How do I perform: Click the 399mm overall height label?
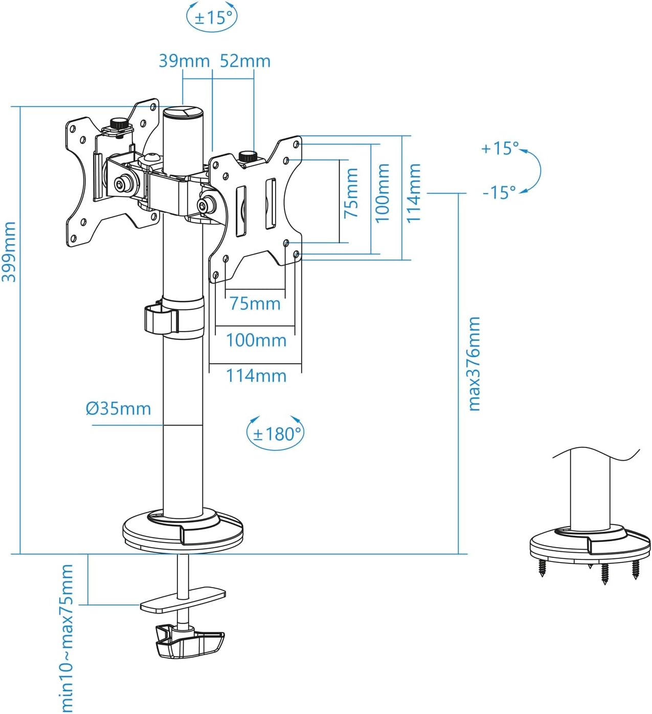click(9, 251)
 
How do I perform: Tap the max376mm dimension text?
click(474, 363)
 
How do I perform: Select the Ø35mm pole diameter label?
click(118, 408)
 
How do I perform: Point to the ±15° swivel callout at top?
click(212, 17)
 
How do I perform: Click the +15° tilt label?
click(499, 148)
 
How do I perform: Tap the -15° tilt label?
click(499, 192)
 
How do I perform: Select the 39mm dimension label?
click(184, 61)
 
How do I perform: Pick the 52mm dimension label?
click(245, 61)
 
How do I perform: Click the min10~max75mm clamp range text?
click(67, 638)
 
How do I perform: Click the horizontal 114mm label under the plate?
click(256, 376)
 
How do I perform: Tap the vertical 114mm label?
click(413, 193)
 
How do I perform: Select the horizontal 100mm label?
click(256, 340)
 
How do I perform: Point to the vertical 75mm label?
click(351, 193)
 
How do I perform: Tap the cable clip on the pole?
click(161, 319)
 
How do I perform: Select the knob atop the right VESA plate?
click(249, 156)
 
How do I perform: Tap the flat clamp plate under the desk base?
click(183, 600)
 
